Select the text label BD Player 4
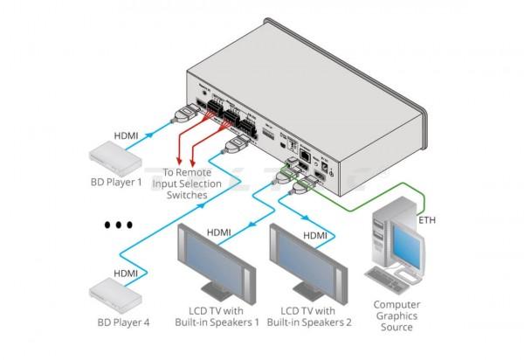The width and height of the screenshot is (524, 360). coord(122,322)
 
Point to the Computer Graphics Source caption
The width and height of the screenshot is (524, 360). coord(396,316)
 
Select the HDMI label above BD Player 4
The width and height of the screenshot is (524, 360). coord(126,272)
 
